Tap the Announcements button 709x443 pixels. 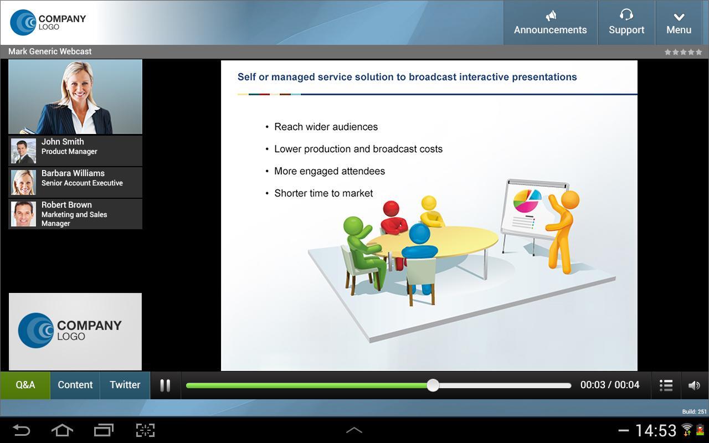550,23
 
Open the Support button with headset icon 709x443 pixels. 626,23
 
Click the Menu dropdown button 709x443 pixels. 679,23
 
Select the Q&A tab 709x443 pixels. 25,385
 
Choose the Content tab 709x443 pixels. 75,385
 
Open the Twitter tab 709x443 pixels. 125,385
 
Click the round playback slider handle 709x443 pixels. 433,385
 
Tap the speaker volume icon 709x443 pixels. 694,385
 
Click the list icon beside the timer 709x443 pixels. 666,385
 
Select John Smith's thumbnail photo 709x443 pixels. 23,151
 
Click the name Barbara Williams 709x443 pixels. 73,173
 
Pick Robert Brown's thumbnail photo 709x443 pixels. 23,214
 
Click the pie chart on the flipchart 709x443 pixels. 527,201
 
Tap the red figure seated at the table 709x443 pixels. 393,219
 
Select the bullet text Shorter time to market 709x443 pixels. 323,193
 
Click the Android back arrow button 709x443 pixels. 22,430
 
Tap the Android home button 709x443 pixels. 62,430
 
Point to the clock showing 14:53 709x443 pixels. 656,430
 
